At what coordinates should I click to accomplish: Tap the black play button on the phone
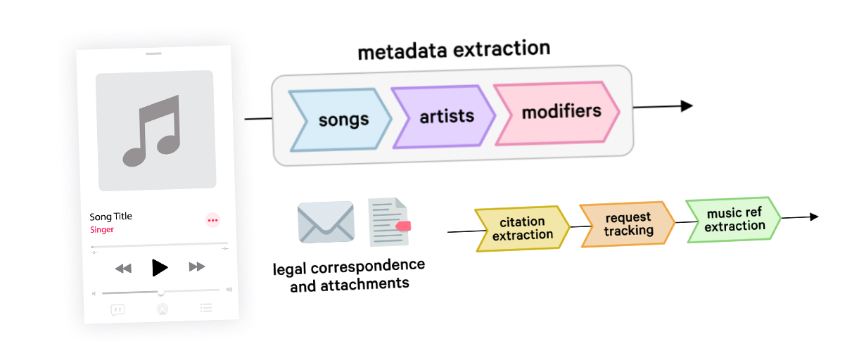coord(160,267)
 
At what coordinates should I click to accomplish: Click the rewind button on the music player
coord(123,268)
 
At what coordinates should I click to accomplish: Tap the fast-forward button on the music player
coord(197,266)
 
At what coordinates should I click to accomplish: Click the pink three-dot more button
coord(212,220)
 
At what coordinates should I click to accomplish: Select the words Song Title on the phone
coord(110,217)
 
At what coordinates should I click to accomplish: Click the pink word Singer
coord(102,230)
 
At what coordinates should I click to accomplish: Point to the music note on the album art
coord(153,131)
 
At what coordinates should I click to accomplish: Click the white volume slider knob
coord(160,291)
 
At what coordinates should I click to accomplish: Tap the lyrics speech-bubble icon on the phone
coord(117,309)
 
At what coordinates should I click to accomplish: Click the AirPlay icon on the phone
coord(162,309)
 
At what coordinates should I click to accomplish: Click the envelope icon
coord(326,221)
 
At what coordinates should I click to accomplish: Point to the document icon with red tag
coord(389,222)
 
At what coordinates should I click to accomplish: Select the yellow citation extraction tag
coord(521,229)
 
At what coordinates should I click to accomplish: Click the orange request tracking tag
coord(627,224)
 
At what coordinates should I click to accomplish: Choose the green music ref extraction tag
coord(733,219)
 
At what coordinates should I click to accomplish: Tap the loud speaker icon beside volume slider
coord(229,290)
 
